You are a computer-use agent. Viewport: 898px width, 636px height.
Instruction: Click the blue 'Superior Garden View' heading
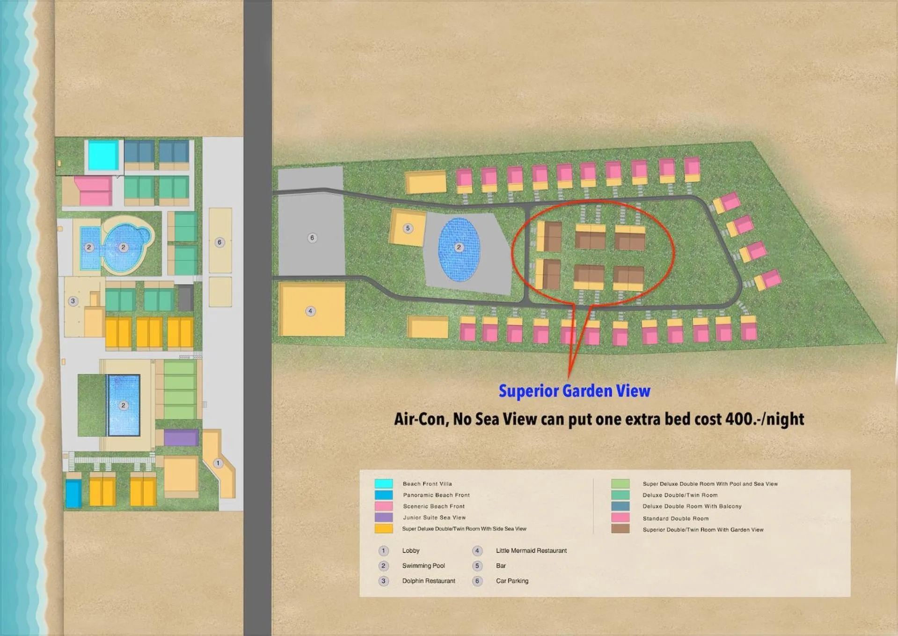tap(574, 391)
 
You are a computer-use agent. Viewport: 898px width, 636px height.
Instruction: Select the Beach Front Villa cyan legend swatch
tap(383, 483)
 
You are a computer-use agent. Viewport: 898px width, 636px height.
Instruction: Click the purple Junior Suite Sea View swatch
tap(383, 517)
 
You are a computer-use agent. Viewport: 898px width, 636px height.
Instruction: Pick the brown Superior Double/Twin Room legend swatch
tap(620, 529)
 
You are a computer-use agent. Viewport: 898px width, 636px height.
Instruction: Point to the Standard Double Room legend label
tap(675, 518)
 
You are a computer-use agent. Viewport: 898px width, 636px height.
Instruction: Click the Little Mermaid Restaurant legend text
tap(531, 550)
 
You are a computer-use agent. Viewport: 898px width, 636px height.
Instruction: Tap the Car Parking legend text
tap(512, 581)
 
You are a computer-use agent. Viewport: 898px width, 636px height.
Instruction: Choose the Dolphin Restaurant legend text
tap(428, 581)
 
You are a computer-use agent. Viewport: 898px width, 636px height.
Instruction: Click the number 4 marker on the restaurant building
tap(310, 311)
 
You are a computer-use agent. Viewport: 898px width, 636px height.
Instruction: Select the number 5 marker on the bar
tap(408, 228)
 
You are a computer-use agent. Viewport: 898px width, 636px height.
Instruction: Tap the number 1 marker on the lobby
tap(218, 463)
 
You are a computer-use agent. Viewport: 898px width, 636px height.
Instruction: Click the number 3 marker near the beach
tap(73, 301)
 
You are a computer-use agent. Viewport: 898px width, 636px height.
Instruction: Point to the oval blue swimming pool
tap(459, 249)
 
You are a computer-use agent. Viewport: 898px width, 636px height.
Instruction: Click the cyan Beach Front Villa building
tap(103, 156)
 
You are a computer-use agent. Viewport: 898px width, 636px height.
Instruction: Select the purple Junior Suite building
tap(181, 438)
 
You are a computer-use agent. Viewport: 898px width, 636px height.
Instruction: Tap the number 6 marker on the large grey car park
tap(312, 238)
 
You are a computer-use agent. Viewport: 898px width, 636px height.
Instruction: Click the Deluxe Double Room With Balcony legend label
tap(692, 506)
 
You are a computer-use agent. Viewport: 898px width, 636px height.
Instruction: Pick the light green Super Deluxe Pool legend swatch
tap(620, 483)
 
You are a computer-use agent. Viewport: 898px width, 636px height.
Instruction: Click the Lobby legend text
tap(410, 550)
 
